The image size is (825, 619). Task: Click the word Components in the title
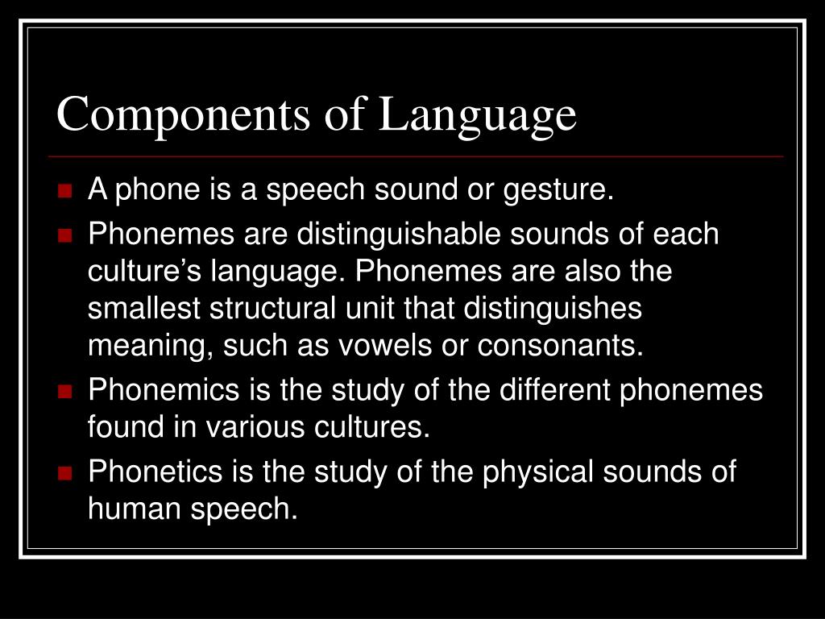[x=181, y=114]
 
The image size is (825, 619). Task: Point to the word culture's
[x=145, y=272]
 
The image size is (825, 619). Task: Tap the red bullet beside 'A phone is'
[x=66, y=192]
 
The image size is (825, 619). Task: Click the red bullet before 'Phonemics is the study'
[x=66, y=392]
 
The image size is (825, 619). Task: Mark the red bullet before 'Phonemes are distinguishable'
[x=66, y=235]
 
